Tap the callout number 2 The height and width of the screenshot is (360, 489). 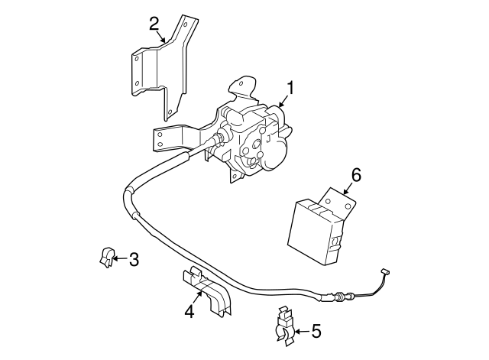(154, 22)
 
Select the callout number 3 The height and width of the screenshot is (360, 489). (133, 260)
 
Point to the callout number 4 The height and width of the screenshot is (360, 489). (188, 312)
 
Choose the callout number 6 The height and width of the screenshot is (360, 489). (355, 175)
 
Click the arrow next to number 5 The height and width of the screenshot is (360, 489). (300, 331)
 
